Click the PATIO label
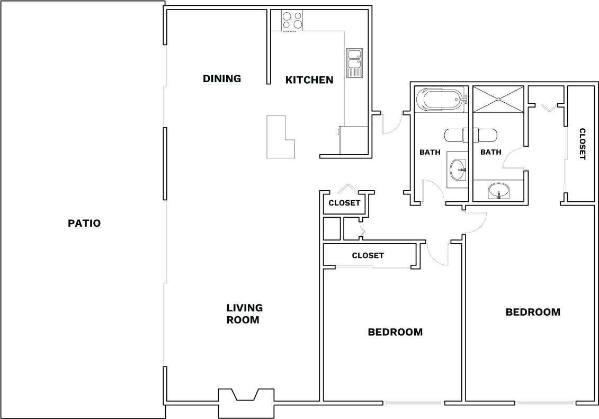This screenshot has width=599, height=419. coord(84,223)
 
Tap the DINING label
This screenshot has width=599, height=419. coord(222,78)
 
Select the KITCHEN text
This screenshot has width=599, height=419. coord(309,80)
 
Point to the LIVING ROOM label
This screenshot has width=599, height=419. coord(244,314)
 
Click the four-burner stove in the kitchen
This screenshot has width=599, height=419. coord(292,21)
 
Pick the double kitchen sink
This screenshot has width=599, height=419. coord(354,62)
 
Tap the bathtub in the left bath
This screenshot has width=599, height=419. coord(439,100)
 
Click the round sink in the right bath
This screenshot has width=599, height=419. coord(498,191)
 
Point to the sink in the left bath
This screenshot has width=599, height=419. coord(457,170)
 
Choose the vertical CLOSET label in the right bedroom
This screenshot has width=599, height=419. coord(582,144)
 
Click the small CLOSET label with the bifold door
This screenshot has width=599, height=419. coord(344,203)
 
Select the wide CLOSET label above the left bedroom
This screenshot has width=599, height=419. coord(368,255)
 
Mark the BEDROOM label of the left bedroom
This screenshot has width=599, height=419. coord(395,332)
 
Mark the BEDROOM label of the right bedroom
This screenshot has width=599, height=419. coord(533,312)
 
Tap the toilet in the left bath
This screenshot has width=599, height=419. coord(454,136)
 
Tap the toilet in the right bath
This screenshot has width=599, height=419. coord(485,136)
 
